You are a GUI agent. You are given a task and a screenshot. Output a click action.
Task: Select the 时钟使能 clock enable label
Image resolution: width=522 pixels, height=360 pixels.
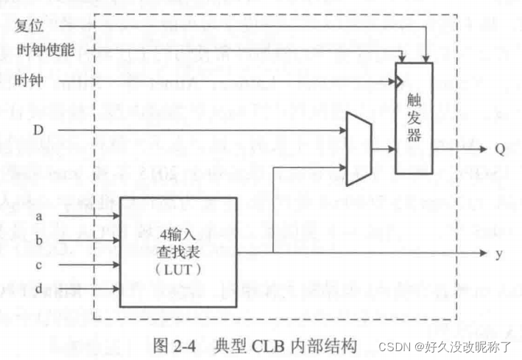pyautogui.click(x=43, y=51)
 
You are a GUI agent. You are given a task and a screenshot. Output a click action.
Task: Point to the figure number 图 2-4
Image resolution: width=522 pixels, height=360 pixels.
pyautogui.click(x=174, y=345)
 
